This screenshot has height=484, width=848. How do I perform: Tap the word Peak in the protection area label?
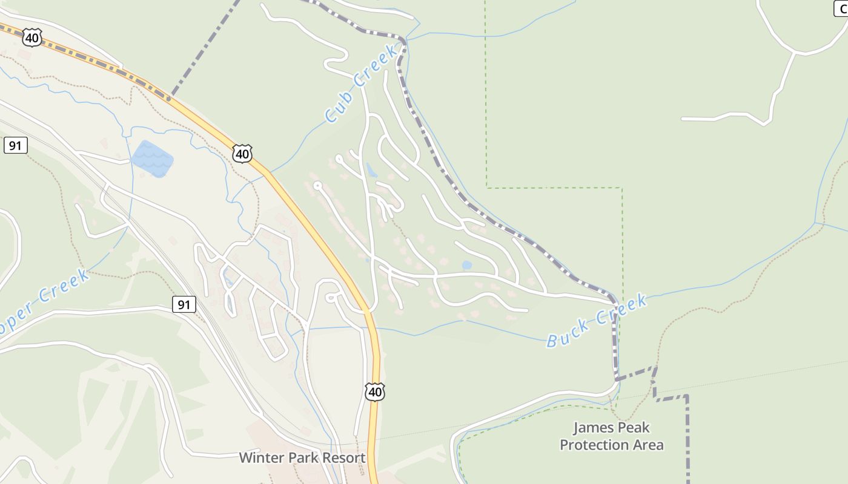(634, 428)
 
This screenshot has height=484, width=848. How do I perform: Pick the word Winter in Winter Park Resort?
(260, 458)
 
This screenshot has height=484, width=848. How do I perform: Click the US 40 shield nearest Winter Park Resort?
(375, 392)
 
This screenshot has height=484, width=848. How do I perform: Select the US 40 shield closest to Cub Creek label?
(242, 154)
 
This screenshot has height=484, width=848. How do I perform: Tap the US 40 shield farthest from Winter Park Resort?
(31, 38)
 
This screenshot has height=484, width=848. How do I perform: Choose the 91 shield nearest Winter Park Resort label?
(184, 304)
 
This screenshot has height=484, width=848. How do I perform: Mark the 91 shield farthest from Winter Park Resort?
(15, 145)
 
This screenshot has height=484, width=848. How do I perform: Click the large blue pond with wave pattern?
(152, 159)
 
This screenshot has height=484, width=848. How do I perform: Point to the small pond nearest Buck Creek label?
(466, 265)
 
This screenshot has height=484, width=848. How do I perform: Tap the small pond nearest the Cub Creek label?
(371, 171)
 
